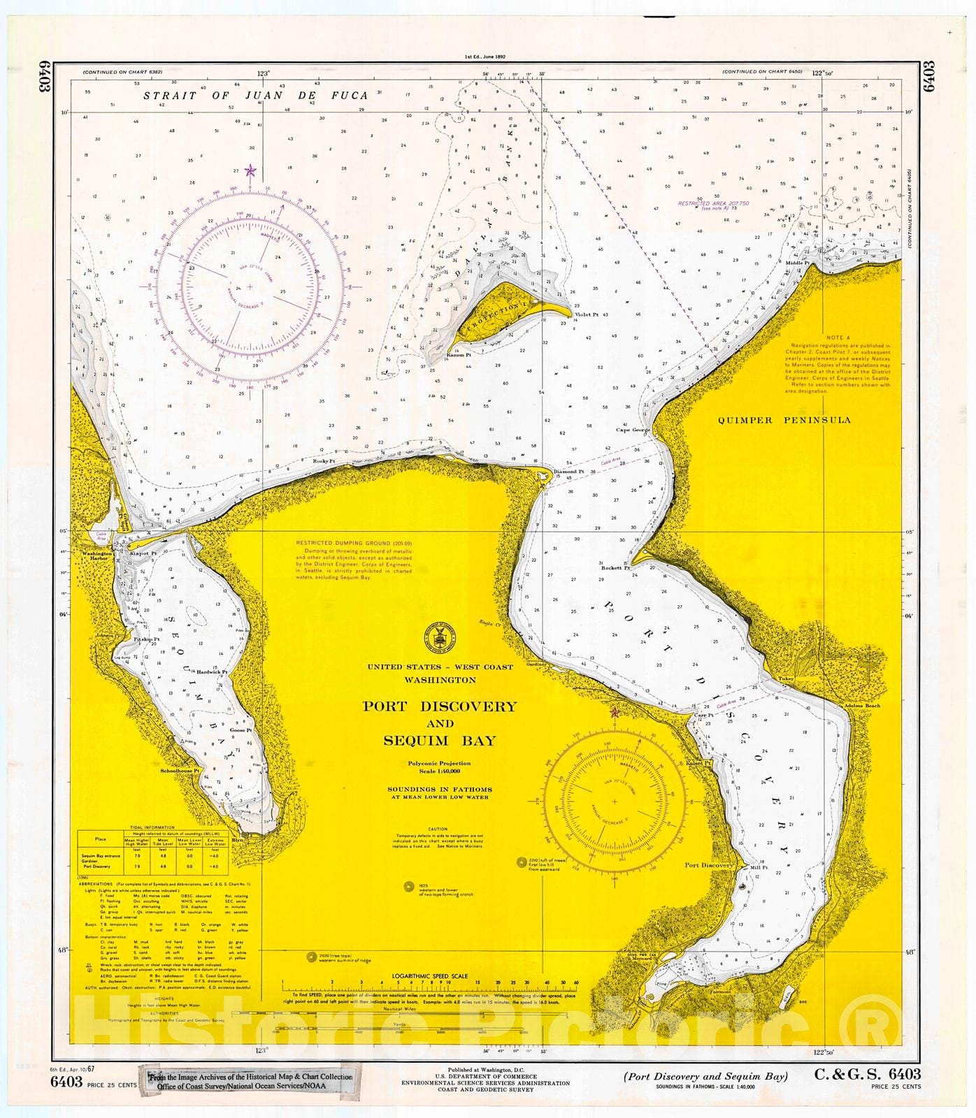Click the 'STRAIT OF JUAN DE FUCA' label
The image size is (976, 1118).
(255, 96)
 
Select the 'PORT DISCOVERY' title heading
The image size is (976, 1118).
(438, 706)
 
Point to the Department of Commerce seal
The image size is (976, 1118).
(438, 635)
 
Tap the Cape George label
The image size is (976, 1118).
(633, 430)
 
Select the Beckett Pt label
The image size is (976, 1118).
(615, 568)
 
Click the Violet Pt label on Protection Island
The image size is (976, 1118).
(586, 315)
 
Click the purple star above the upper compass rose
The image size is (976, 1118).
(251, 170)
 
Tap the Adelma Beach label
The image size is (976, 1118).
(862, 706)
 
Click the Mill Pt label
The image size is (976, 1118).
(758, 868)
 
